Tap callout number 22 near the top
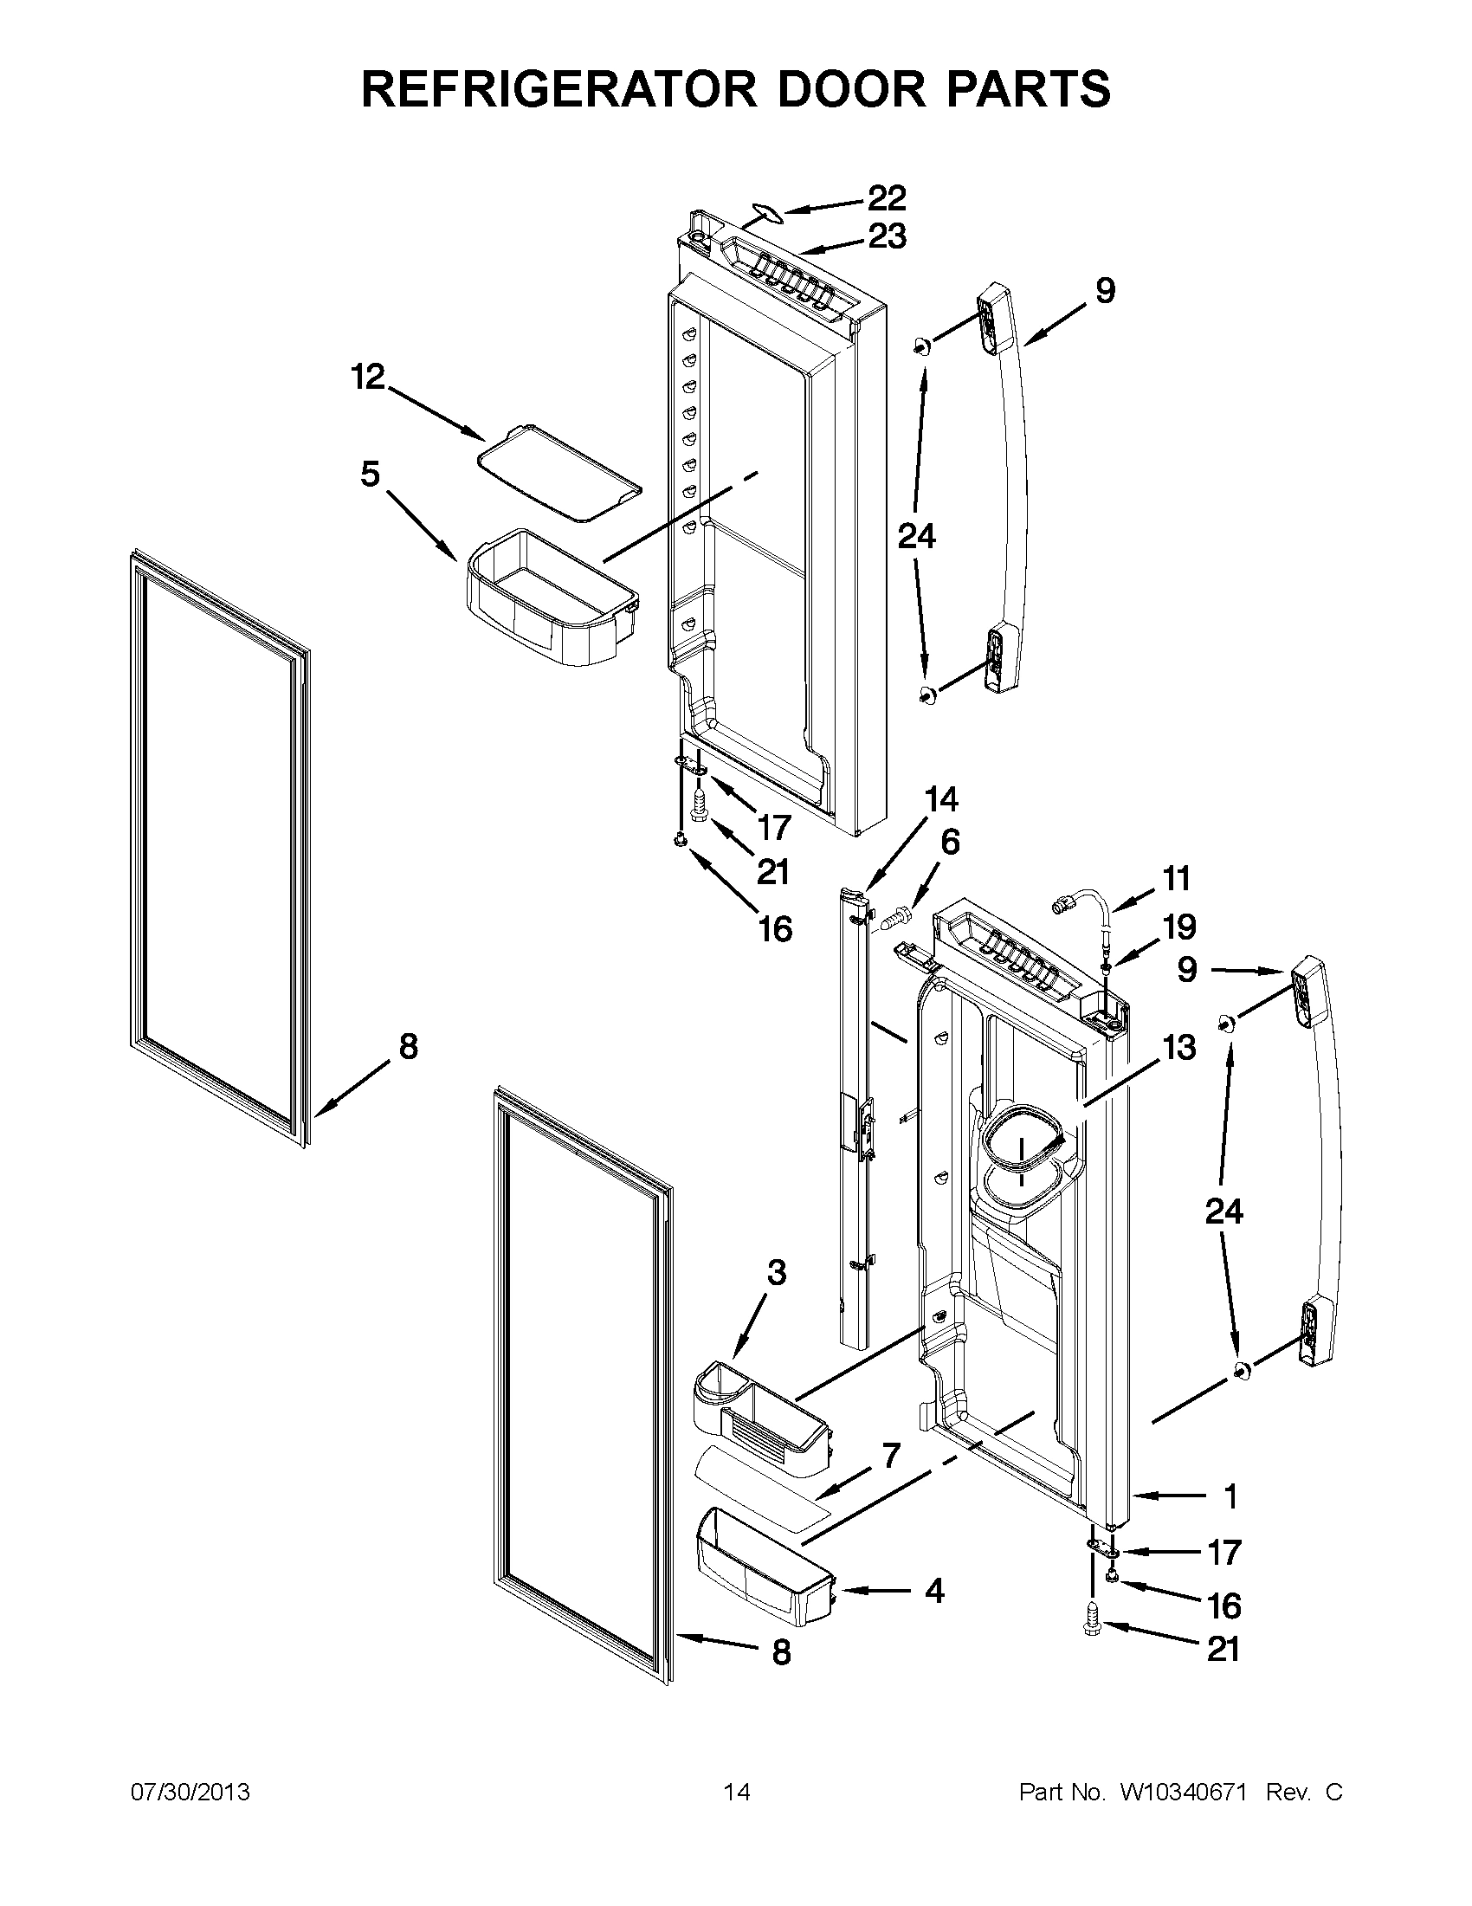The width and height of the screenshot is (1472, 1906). [886, 198]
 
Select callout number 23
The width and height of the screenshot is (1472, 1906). [887, 236]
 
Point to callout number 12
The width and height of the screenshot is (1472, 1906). [367, 378]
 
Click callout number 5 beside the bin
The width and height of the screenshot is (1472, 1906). [370, 475]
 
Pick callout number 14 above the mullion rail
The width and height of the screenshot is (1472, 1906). [940, 799]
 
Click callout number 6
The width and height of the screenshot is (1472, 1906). [949, 843]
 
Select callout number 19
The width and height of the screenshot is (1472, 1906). [1178, 927]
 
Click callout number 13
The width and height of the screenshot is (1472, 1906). [1178, 1047]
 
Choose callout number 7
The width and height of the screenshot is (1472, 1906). [890, 1457]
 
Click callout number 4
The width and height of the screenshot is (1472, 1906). [933, 1591]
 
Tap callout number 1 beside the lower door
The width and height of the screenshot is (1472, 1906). [1230, 1497]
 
